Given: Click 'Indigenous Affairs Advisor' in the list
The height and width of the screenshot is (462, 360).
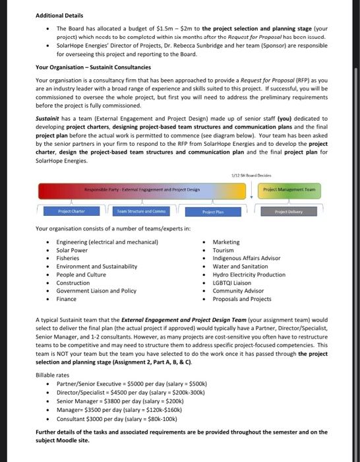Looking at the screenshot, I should click(247, 258).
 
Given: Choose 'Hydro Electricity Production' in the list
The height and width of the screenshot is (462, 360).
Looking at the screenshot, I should click(249, 275).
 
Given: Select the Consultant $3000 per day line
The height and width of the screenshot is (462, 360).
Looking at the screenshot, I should click(114, 418).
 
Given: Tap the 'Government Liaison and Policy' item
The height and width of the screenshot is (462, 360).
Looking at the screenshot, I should click(96, 290).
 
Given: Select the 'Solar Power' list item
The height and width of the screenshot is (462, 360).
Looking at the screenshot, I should click(72, 250).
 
